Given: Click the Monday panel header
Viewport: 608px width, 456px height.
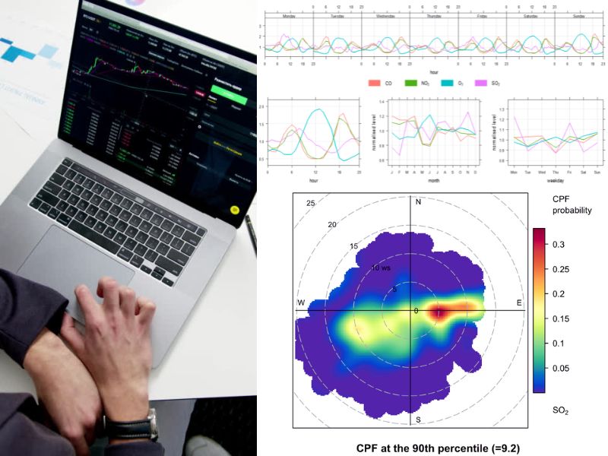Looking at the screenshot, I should [x=289, y=14].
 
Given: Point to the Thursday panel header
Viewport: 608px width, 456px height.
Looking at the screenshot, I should [x=433, y=14].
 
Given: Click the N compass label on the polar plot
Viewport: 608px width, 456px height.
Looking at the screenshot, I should [x=418, y=201].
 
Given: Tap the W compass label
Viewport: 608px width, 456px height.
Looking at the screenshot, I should [x=301, y=303].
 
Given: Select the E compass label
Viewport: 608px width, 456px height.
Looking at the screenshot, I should [x=520, y=303].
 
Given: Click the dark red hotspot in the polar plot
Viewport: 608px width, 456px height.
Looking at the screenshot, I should [x=442, y=312].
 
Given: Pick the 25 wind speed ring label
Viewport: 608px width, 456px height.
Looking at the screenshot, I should [x=310, y=203].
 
